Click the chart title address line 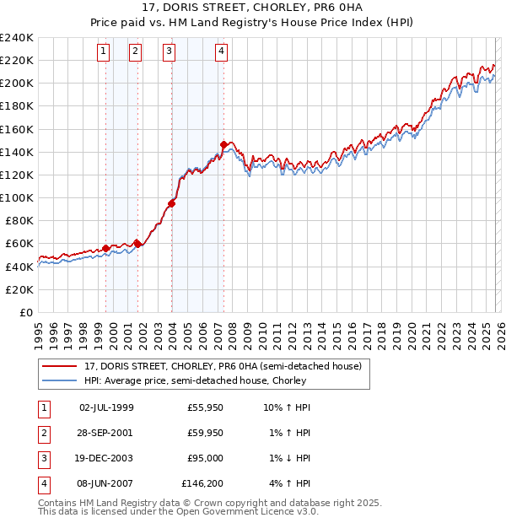tap(252, 8)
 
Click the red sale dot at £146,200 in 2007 tap(223, 144)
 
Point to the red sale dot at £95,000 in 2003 tap(171, 203)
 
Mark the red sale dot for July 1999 tap(105, 248)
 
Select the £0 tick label tap(25, 312)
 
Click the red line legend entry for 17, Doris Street tap(223, 366)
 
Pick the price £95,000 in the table tap(202, 458)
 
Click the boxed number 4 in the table tap(41, 483)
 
